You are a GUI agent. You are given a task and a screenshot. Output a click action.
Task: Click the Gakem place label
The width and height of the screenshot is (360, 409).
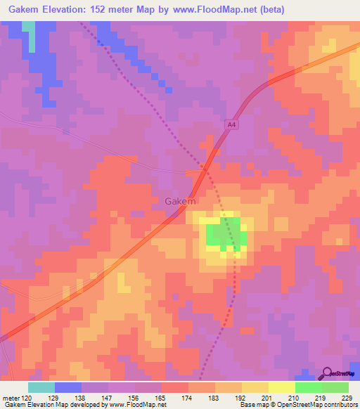click(x=180, y=201)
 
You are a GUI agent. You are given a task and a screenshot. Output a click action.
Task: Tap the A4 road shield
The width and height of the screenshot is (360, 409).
click(x=231, y=124)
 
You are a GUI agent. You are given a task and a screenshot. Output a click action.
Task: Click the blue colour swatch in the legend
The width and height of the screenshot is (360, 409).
click(x=68, y=387)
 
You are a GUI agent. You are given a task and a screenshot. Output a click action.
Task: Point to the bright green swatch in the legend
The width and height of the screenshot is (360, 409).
click(x=309, y=387)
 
